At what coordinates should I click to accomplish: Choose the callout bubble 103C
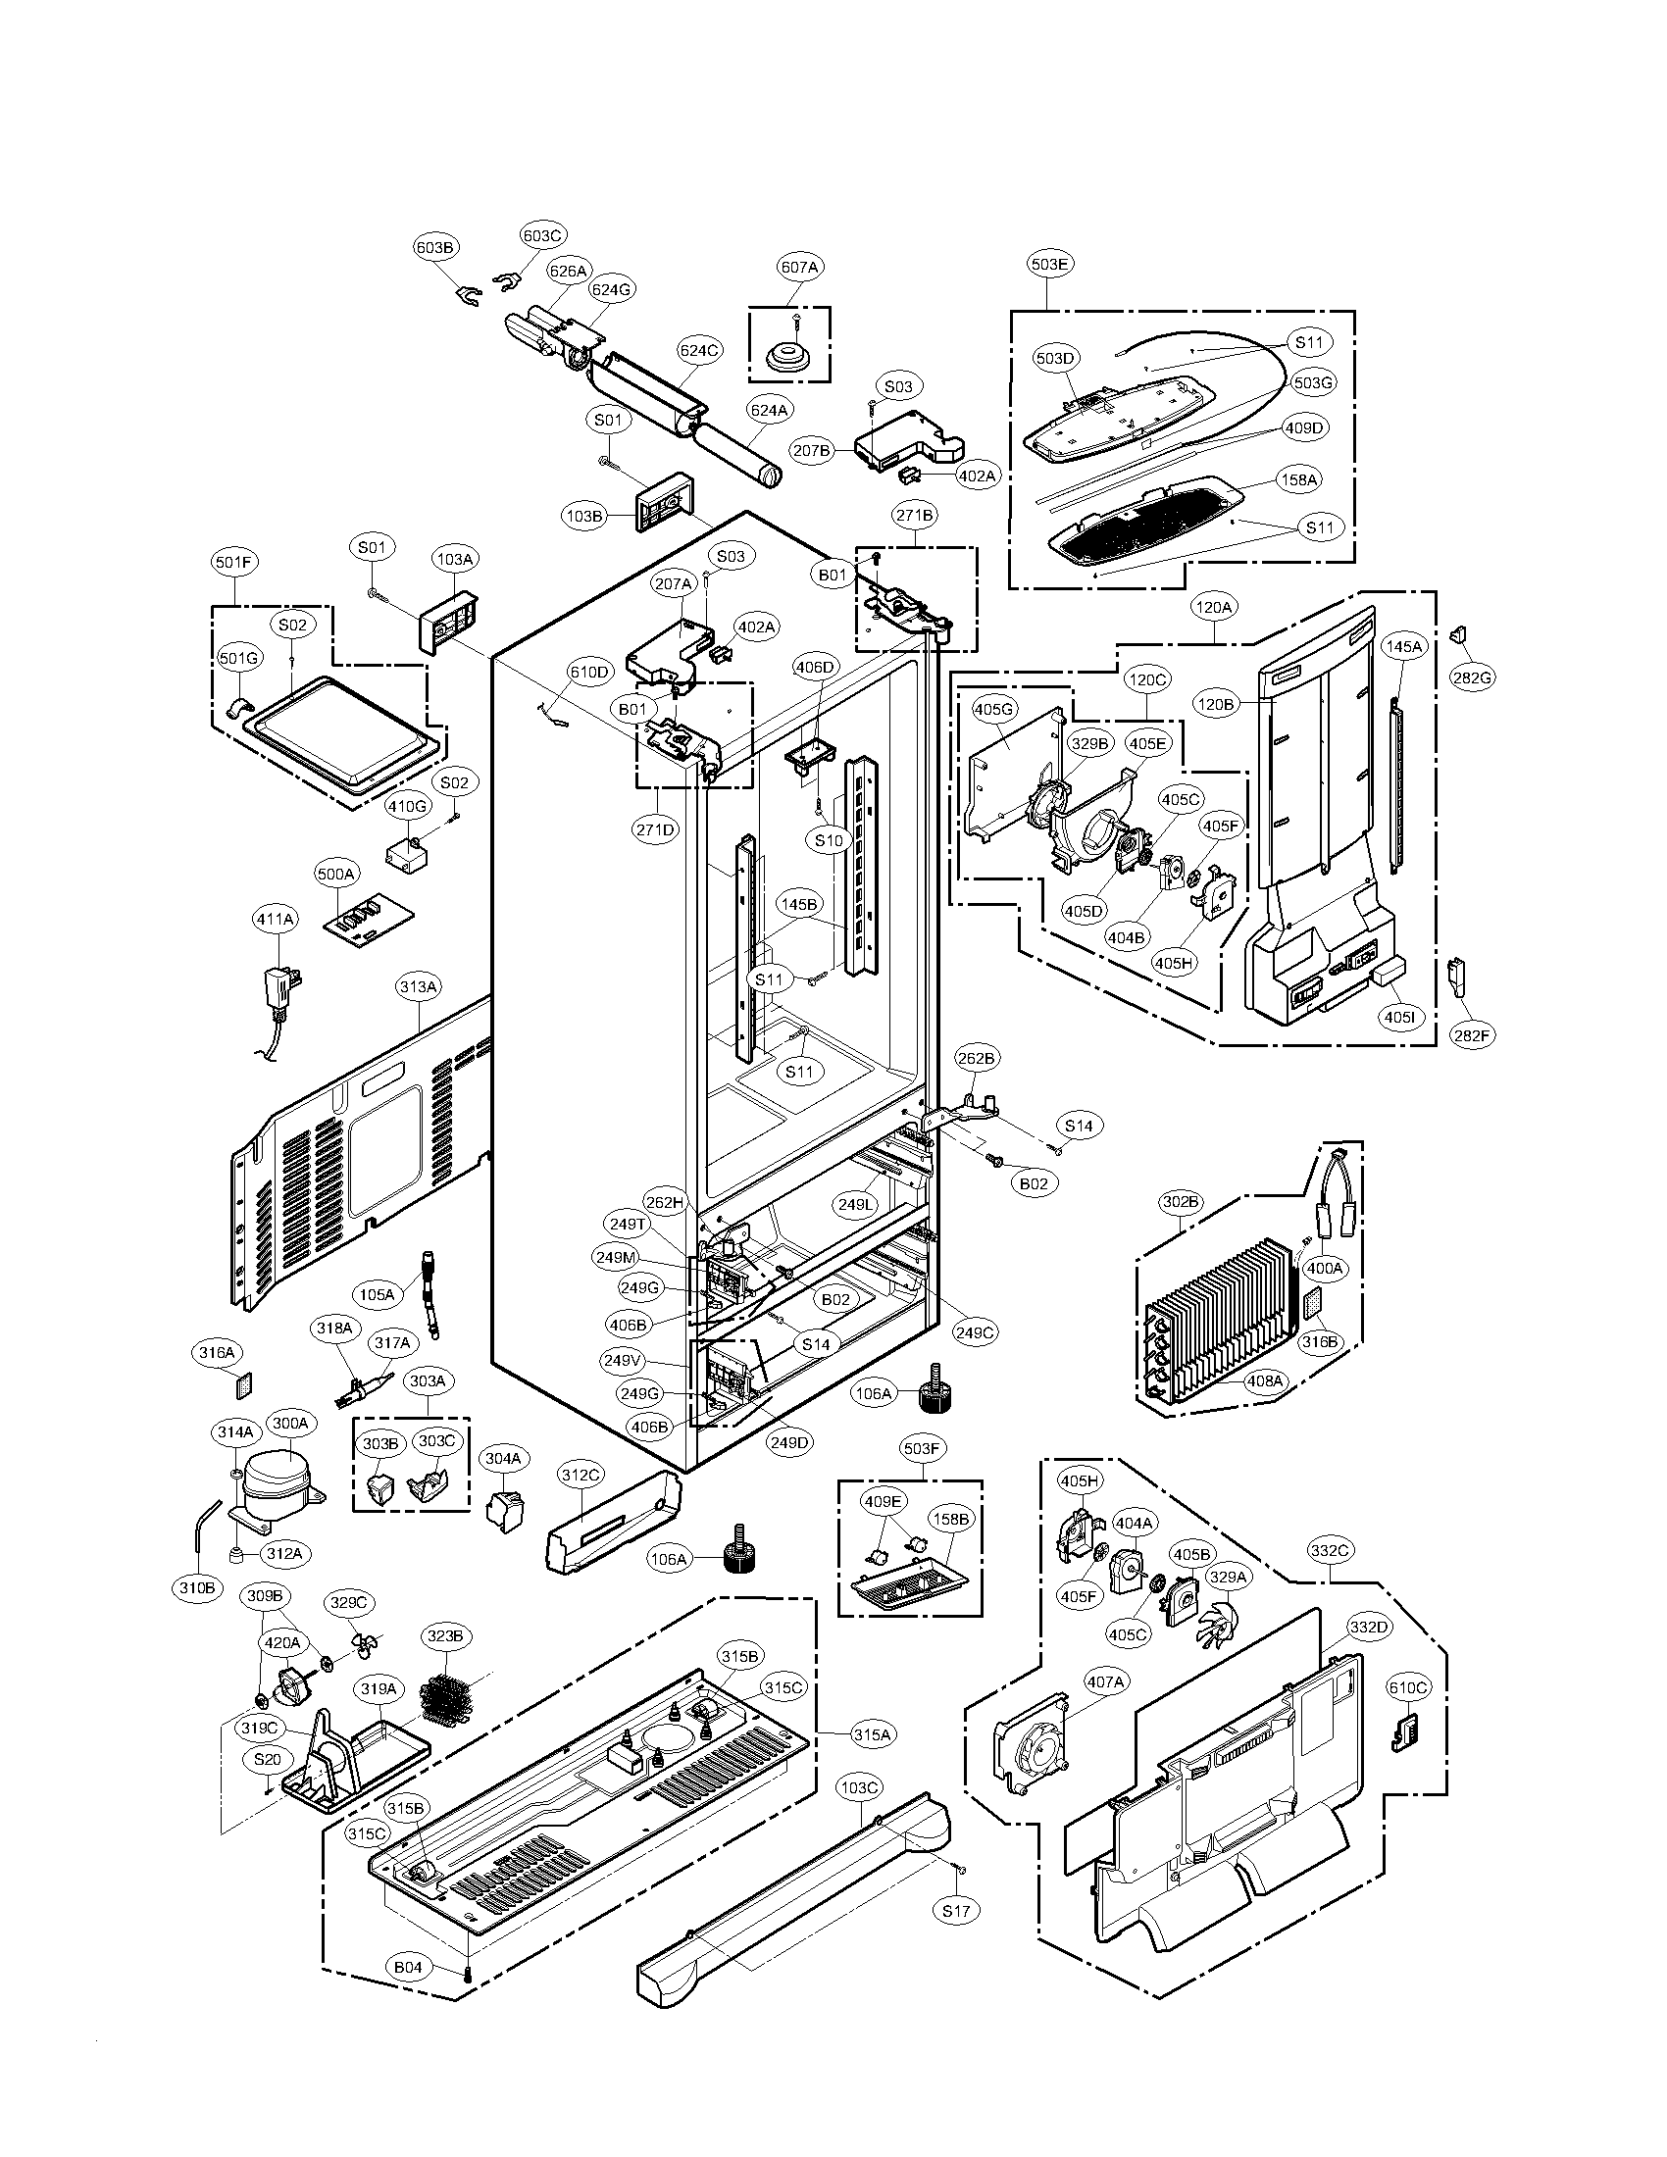[858, 1786]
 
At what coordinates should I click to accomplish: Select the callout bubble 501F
[235, 563]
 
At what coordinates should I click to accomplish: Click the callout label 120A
[1213, 609]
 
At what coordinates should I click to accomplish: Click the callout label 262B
[976, 1058]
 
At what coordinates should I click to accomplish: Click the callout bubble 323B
[444, 1636]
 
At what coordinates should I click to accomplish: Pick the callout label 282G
[1472, 677]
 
